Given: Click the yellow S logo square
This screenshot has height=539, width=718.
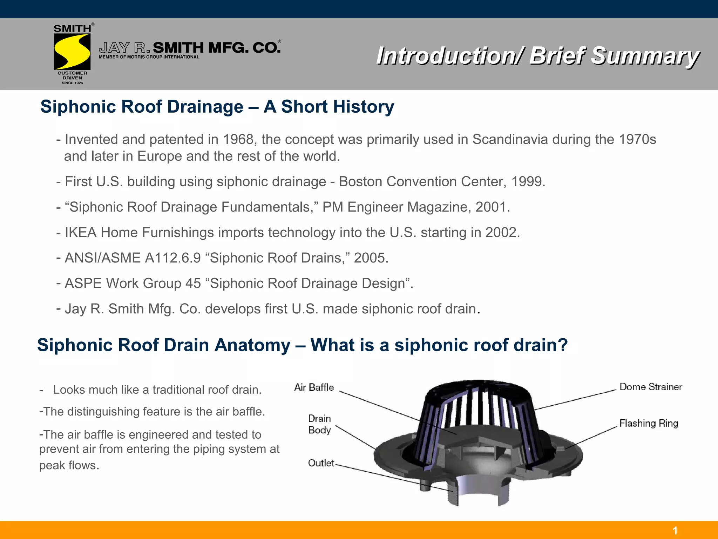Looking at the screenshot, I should pos(72,52).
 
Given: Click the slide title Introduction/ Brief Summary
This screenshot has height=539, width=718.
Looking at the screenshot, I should pos(538,56).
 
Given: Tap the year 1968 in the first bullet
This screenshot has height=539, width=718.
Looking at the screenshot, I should pos(238,140).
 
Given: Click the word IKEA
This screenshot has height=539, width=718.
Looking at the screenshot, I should pos(81,233).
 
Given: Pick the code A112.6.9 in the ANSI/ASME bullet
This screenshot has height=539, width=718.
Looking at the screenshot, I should pos(172,258).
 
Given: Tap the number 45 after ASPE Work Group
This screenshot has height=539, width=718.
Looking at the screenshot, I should pos(193,284).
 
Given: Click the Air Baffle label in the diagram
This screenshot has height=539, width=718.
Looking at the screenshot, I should pos(314,387).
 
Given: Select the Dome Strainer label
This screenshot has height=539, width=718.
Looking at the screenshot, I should pos(650,387).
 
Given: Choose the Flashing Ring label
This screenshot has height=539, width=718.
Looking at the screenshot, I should pos(649,423).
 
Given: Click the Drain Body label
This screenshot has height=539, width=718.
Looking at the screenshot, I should pos(319,424).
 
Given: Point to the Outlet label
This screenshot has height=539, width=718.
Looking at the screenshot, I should pos(321,463).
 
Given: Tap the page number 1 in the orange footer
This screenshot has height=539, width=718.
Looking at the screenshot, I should pos(675,531).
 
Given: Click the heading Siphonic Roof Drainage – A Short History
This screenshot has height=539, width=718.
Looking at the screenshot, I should pos(217,107).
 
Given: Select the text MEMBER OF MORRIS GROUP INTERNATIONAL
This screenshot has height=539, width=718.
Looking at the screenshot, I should pos(149,57).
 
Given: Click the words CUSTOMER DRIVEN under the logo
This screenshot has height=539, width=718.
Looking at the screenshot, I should pos(72,75).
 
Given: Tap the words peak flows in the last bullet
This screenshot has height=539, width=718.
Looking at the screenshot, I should pos(69,465).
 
